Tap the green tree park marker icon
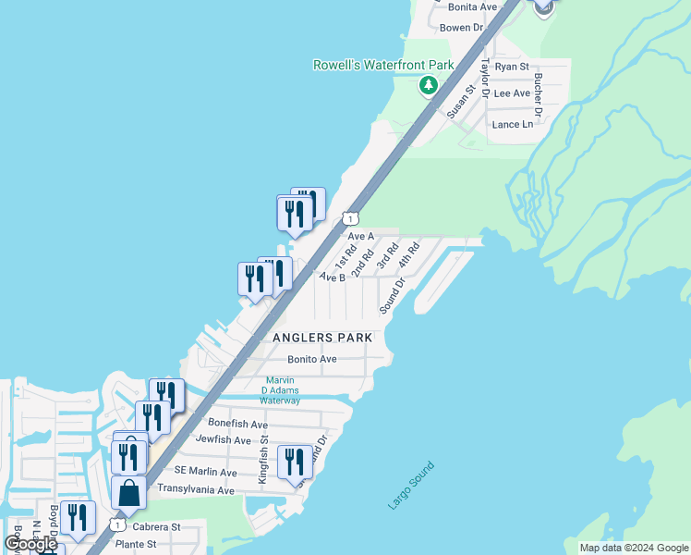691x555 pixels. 428,86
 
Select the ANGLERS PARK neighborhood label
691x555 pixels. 322,338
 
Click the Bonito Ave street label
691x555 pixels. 311,359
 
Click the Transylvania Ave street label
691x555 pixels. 196,489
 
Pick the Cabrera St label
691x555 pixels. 156,526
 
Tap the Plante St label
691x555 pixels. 136,545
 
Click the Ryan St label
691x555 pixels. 511,67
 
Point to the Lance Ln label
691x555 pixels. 513,124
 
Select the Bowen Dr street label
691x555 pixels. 462,28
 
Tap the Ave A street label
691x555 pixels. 360,236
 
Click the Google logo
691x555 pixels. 30,544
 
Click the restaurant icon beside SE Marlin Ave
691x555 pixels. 295,461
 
